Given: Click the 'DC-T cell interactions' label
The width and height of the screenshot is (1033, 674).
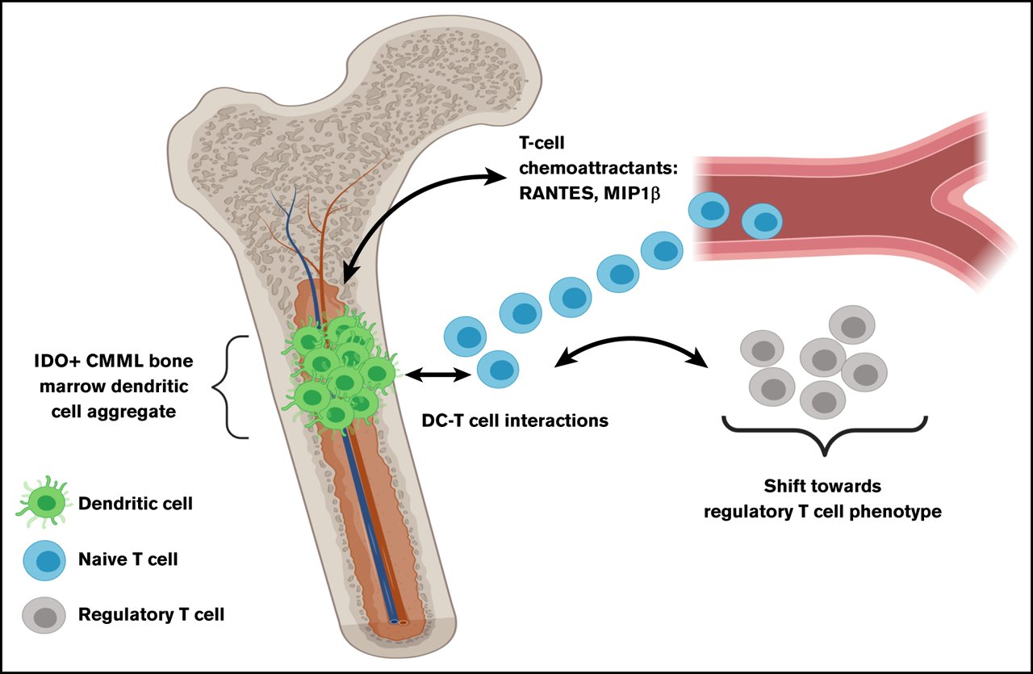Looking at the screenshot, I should click(x=515, y=421).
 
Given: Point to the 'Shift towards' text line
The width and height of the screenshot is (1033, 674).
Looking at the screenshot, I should click(x=823, y=488).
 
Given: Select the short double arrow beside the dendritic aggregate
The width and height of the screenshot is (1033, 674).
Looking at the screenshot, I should click(x=439, y=375).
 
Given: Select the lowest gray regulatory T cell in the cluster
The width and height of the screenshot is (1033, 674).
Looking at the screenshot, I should click(x=822, y=399).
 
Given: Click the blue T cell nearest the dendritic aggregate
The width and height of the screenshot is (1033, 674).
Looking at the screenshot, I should click(x=498, y=370).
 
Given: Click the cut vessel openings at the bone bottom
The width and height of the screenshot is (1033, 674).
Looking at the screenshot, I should click(x=399, y=622).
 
